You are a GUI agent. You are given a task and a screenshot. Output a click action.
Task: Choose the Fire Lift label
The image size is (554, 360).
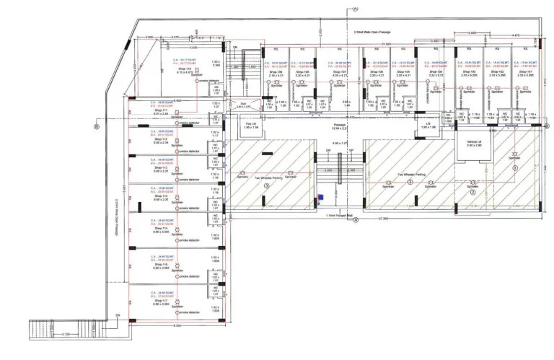252,125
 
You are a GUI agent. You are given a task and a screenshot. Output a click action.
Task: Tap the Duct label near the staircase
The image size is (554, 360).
244,104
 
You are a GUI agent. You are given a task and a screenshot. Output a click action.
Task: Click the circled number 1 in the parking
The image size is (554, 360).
515,166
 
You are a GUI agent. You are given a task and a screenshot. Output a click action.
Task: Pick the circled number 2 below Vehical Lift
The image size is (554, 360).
473,193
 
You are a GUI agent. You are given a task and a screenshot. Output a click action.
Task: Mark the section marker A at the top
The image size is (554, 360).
356,9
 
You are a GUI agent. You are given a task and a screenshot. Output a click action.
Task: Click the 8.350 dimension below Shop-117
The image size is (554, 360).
177,325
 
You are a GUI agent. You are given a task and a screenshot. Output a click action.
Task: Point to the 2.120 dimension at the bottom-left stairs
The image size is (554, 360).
66,334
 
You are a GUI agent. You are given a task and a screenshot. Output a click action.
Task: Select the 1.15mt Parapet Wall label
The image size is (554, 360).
338,215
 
